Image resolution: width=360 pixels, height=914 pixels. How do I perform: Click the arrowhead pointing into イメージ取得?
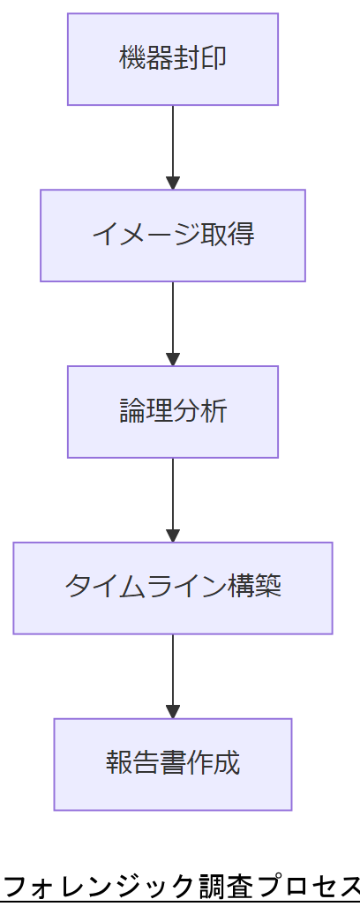click(x=173, y=183)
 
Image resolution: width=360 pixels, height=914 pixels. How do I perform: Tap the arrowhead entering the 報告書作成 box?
click(x=173, y=712)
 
